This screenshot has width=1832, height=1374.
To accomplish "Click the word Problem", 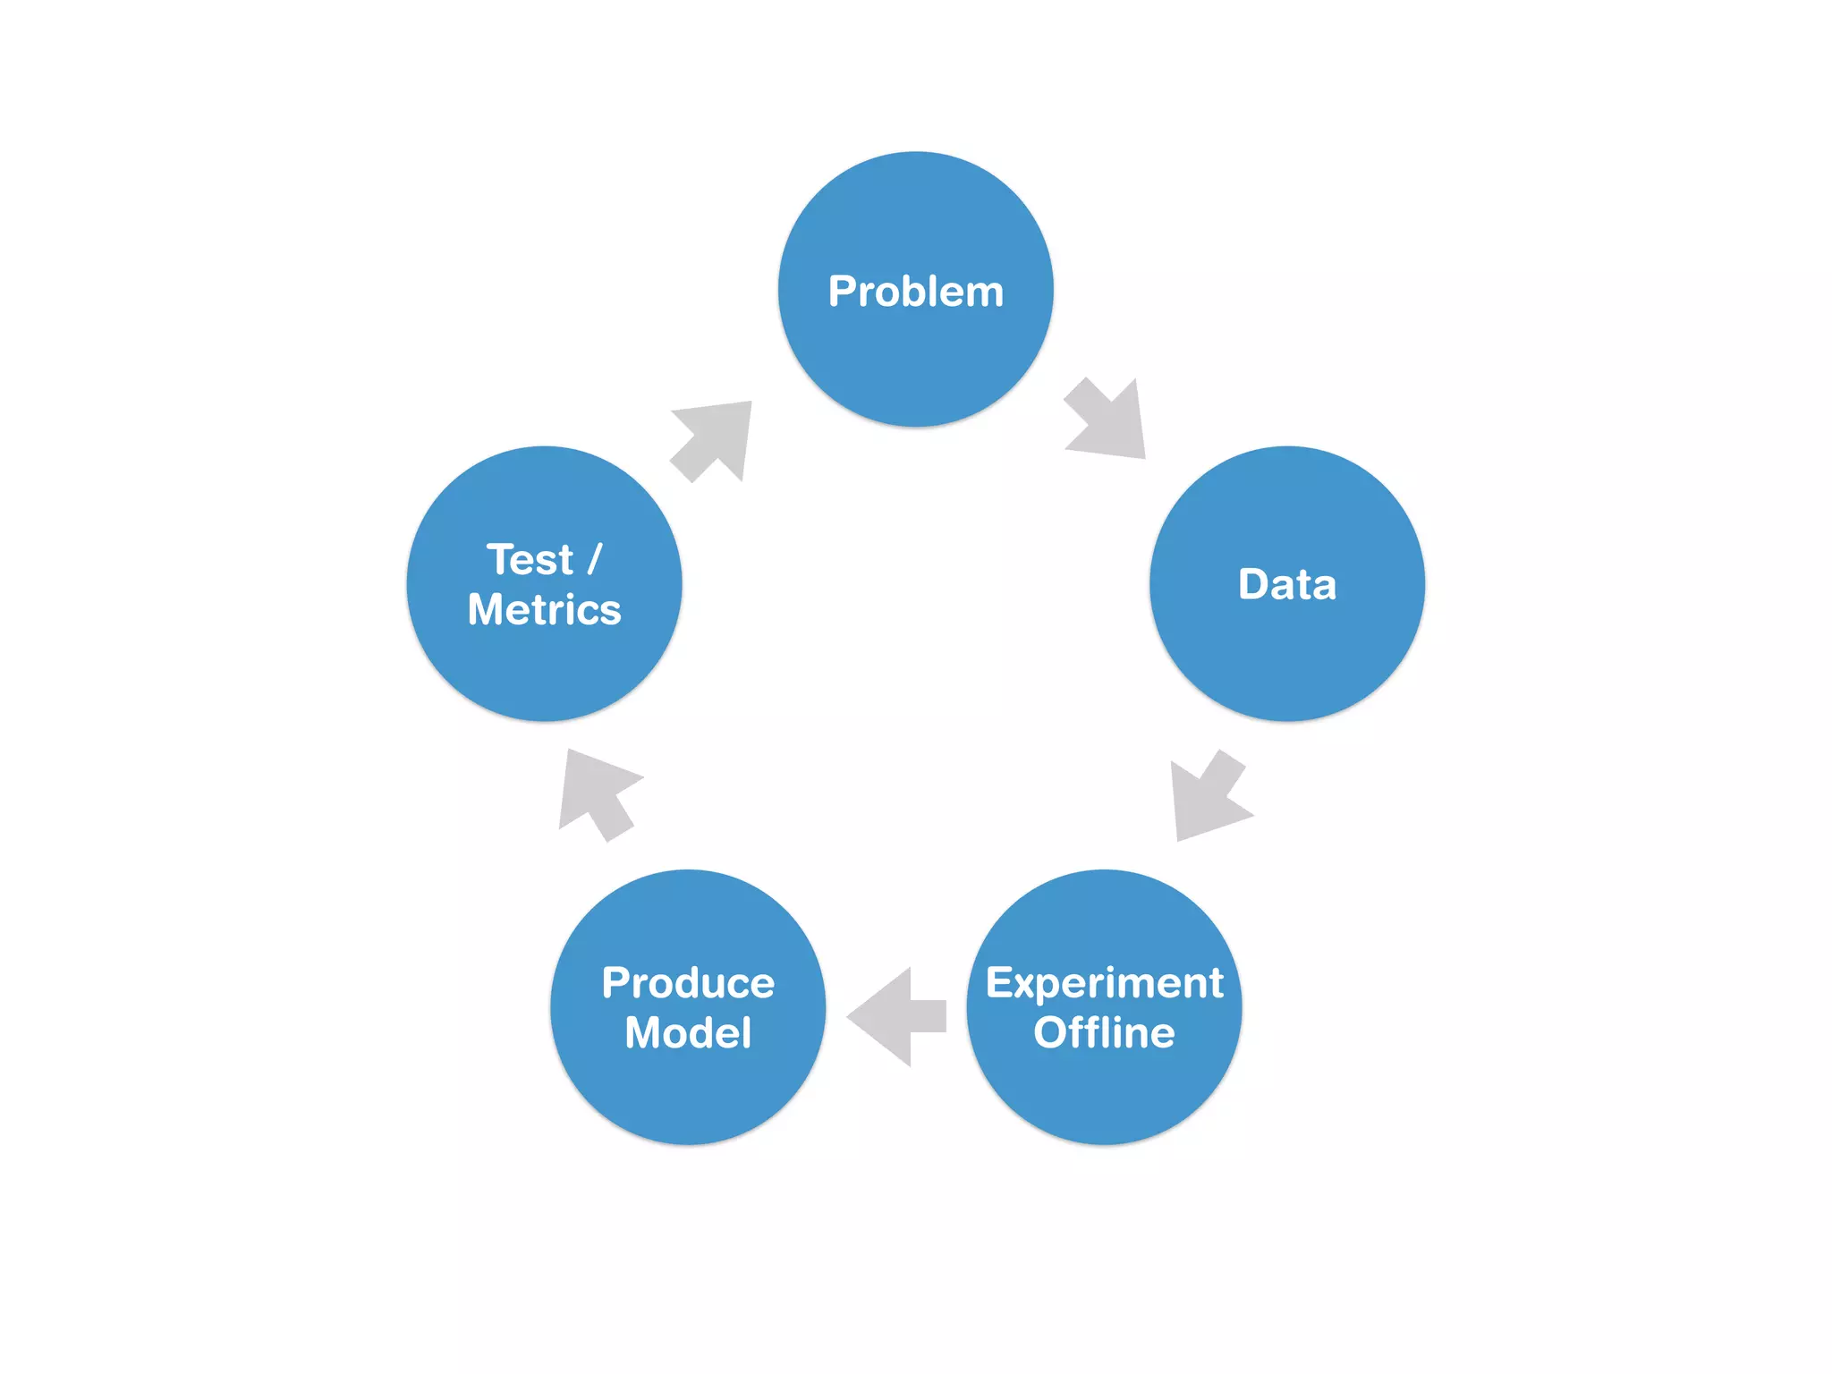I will click(915, 292).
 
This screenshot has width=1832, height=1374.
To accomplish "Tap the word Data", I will click(1286, 584).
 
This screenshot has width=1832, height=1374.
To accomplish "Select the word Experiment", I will click(1104, 984).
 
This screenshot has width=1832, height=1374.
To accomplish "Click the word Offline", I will click(1104, 1033).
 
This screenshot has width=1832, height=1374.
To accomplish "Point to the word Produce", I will click(688, 983).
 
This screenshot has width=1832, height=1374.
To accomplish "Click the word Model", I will click(688, 1033).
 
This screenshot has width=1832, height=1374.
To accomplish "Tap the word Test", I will click(530, 560).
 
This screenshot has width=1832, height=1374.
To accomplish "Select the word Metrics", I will click(544, 610).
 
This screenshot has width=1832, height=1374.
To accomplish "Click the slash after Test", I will click(595, 560).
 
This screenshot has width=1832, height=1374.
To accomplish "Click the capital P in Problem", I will click(842, 292).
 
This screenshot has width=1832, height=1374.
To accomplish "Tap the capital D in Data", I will click(1254, 584).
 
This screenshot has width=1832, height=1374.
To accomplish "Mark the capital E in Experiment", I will click(999, 983).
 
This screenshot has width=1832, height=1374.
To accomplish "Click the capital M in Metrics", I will click(488, 610).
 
